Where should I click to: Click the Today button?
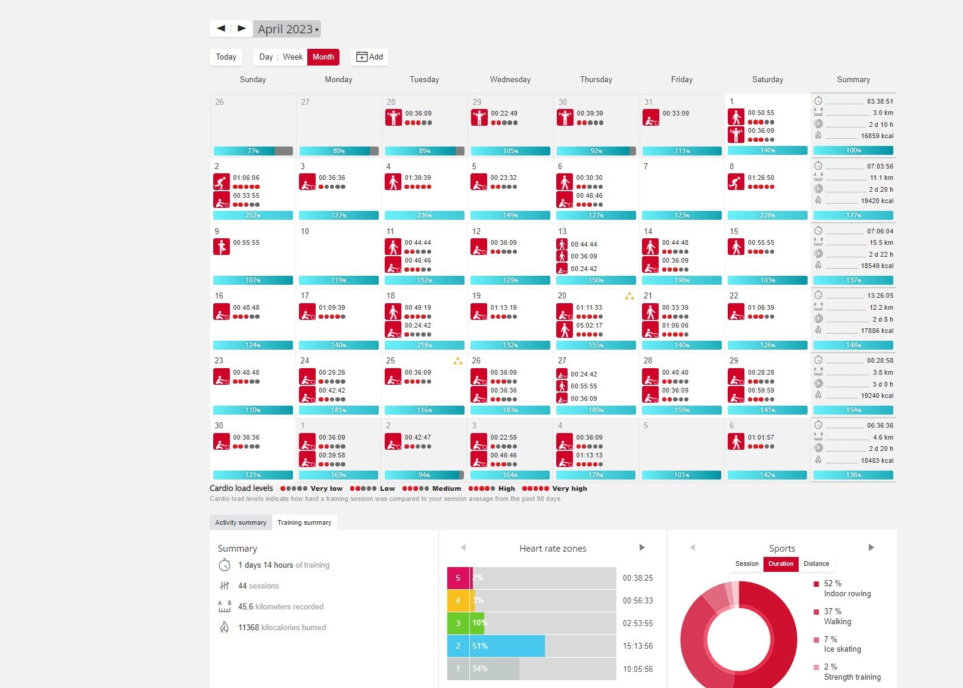226,57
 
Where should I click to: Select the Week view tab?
292,57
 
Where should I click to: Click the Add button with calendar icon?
369,57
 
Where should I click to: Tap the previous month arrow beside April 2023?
221,29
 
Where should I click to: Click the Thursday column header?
596,79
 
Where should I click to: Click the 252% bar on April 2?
253,215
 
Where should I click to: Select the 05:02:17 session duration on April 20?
589,325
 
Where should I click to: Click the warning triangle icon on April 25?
457,361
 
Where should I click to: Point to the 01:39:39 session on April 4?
417,178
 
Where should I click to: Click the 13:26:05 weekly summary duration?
880,295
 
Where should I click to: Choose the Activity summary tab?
241,522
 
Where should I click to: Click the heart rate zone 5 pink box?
458,578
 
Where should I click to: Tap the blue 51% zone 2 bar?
507,646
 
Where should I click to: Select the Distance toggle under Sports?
816,564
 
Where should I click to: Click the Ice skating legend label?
842,649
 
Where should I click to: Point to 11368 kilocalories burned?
282,627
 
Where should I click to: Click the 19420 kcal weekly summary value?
877,201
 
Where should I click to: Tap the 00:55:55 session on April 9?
246,242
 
